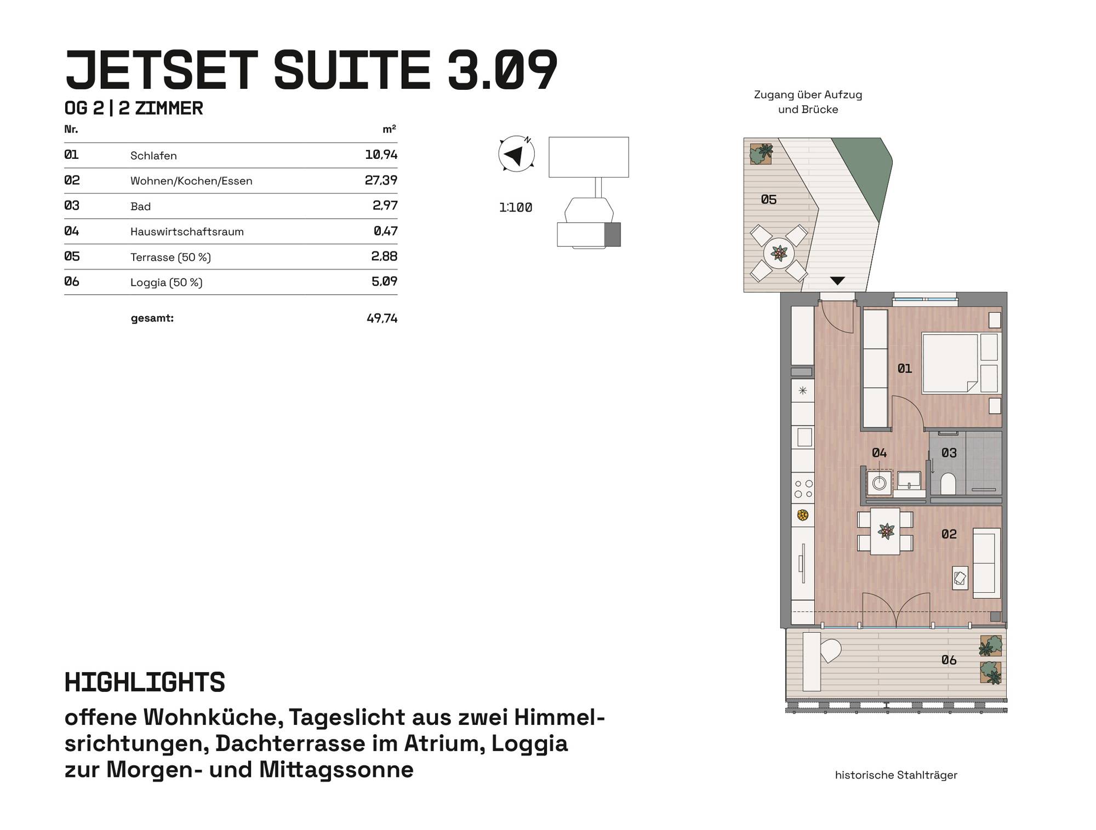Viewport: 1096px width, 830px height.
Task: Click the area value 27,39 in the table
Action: tap(381, 180)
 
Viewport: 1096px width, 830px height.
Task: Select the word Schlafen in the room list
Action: tap(153, 156)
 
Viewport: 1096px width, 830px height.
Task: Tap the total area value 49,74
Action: tap(382, 318)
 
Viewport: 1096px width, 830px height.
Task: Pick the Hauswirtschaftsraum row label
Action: tap(187, 232)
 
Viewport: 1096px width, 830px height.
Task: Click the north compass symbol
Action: tap(516, 154)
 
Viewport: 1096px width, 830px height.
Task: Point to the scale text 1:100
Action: tap(516, 208)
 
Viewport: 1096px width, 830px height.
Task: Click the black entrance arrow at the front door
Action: tap(837, 281)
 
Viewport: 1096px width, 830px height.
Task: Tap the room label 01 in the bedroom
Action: tap(905, 369)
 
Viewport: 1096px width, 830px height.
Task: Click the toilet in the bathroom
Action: tap(948, 483)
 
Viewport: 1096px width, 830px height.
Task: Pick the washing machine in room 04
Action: tap(880, 483)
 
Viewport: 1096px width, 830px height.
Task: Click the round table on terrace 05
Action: tap(779, 253)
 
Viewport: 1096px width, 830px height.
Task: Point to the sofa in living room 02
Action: tap(986, 563)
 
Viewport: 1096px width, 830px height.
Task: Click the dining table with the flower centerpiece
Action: tap(885, 531)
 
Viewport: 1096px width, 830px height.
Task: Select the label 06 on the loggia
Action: tap(949, 660)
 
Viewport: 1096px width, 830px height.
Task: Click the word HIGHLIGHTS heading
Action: tap(145, 683)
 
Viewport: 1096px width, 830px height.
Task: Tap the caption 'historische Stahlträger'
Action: tap(896, 775)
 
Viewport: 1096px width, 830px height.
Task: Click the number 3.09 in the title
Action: tap(503, 70)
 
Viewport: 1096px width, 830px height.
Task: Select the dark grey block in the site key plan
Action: tap(612, 234)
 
